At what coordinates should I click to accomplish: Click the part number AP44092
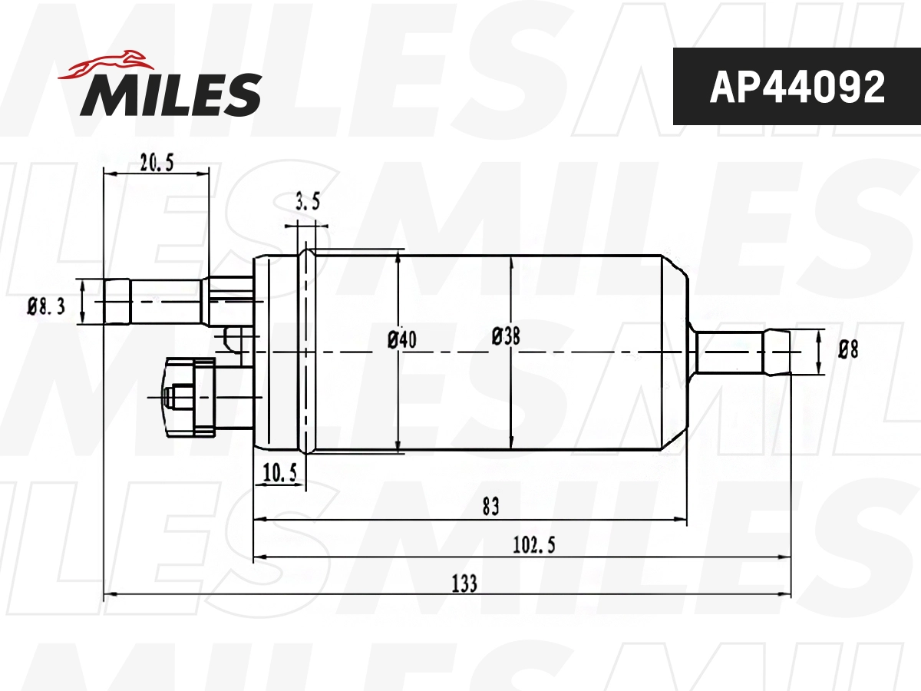pos(797,87)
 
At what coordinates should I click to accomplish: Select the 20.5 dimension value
pos(157,162)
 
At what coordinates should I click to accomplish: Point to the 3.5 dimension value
pos(307,203)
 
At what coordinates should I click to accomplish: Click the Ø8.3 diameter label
pos(47,307)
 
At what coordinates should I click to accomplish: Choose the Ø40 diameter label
pos(402,339)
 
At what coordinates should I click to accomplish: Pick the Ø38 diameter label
pos(506,336)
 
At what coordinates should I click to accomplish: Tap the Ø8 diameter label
pos(847,350)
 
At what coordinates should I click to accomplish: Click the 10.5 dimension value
pos(279,474)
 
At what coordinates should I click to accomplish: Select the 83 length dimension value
pos(490,506)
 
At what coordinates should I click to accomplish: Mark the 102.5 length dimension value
pos(533,544)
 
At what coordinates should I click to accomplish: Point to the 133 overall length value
pos(464,584)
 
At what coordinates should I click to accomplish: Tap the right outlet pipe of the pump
pos(741,352)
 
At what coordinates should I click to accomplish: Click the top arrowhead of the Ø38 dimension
pos(511,260)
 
